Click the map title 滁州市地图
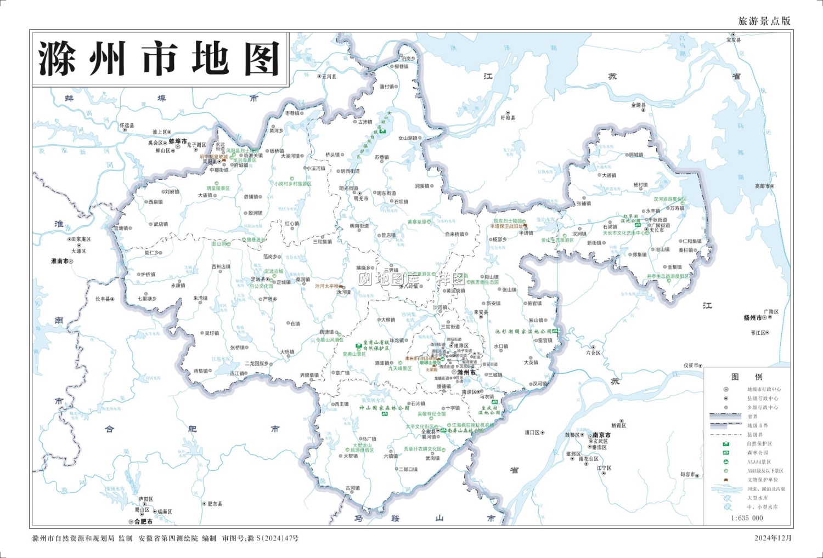159,59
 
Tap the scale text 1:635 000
747,518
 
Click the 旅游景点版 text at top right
764,21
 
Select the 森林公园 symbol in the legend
726,453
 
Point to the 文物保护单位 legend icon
726,480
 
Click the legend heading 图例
747,377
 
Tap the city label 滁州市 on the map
466,372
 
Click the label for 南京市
601,435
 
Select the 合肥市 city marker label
143,522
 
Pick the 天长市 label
657,230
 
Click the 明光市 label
361,198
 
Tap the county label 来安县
481,312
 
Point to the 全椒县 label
429,431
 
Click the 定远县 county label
258,279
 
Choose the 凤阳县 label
210,162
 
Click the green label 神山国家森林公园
384,408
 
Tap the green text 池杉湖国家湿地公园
523,332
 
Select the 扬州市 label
752,318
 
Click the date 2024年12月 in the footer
773,538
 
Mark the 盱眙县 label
508,118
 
